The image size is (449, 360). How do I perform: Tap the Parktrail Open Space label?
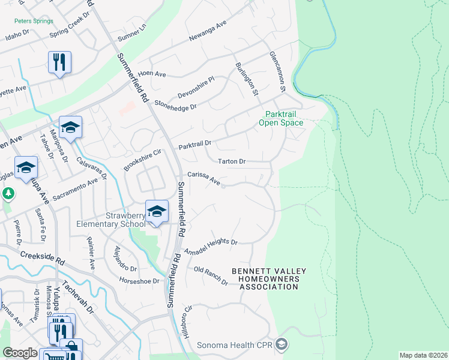pyautogui.click(x=280, y=118)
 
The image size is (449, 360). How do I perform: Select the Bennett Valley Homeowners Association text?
pyautogui.click(x=268, y=279)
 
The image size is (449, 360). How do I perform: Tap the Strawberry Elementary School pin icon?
pyautogui.click(x=156, y=212)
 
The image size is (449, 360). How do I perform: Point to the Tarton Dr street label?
pyautogui.click(x=232, y=161)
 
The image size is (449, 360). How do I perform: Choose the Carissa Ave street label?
pyautogui.click(x=203, y=178)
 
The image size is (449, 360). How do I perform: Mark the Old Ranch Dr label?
pyautogui.click(x=211, y=275)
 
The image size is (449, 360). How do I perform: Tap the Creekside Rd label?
pyautogui.click(x=42, y=258)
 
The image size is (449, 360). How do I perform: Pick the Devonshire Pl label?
pyautogui.click(x=195, y=88)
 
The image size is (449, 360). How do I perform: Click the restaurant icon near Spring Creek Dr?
pyautogui.click(x=59, y=62)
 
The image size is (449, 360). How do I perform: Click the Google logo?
pyautogui.click(x=20, y=353)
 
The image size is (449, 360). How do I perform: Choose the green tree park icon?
pyautogui.click(x=8, y=194)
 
